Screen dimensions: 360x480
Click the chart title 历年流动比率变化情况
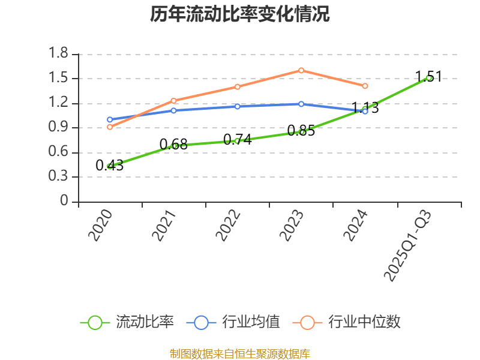(240, 14)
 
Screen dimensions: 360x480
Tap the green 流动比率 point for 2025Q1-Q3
(428, 78)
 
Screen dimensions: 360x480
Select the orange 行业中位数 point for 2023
(301, 70)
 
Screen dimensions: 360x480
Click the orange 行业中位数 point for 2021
(173, 101)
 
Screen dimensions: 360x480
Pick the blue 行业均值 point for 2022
(237, 106)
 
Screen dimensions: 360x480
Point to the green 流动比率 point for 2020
(110, 166)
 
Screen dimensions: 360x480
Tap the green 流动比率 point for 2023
(301, 131)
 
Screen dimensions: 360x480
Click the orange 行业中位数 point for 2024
(365, 86)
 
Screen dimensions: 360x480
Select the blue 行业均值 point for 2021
(173, 110)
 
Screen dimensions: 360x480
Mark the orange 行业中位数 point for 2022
(237, 86)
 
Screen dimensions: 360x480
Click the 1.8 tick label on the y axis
(59, 54)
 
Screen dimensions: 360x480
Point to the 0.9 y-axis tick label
(59, 128)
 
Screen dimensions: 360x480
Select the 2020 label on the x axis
(101, 226)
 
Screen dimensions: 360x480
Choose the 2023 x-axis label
(292, 226)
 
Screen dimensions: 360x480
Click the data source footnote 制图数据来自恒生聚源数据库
(240, 353)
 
